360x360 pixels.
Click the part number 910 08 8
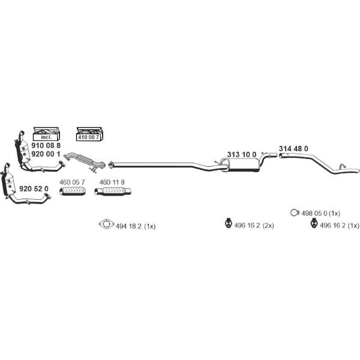[x=46, y=145]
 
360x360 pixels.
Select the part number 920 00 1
[x=46, y=154]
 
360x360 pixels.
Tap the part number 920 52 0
[x=34, y=189]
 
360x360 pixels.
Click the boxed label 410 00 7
[x=88, y=137]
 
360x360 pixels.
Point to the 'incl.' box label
[x=46, y=137]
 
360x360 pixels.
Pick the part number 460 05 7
[x=72, y=182]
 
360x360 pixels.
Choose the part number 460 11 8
[x=112, y=182]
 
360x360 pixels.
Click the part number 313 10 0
[x=242, y=155]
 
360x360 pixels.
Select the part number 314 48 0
[x=293, y=149]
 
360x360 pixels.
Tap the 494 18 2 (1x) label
[x=136, y=226]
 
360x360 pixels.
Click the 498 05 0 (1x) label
[x=321, y=213]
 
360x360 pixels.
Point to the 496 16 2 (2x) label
[x=254, y=226]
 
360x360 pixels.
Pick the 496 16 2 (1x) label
[x=340, y=226]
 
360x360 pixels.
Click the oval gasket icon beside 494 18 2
[x=106, y=224]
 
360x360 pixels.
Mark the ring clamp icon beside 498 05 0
[x=295, y=213]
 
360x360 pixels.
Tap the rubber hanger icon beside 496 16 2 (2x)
[x=227, y=223]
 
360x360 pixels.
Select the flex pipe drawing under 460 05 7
[x=73, y=191]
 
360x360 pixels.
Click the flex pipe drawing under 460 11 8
[x=113, y=191]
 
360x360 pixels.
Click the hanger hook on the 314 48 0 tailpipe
[x=343, y=166]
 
